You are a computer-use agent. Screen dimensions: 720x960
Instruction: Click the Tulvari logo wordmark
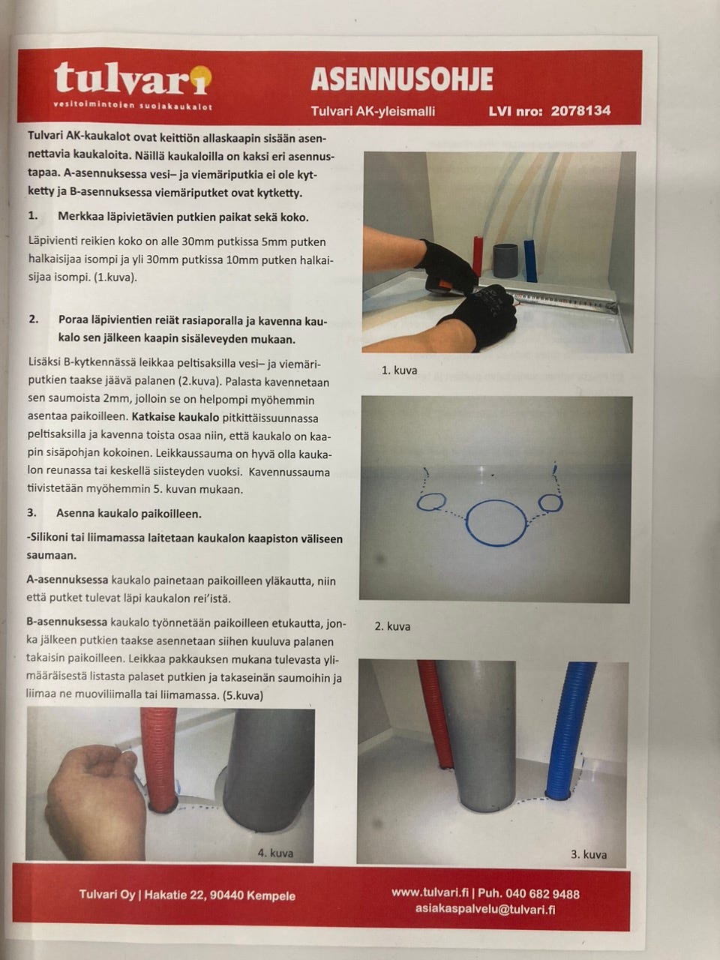[x=133, y=78]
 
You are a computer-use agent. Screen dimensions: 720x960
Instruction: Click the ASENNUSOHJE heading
[x=402, y=79]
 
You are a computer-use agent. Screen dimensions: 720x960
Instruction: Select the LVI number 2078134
[x=580, y=111]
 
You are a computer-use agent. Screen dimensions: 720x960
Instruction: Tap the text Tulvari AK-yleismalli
[x=373, y=112]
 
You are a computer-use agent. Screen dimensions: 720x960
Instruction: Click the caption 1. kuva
[x=399, y=370]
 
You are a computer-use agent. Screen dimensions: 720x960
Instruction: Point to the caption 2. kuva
[x=392, y=626]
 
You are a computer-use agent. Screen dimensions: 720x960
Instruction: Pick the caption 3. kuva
[x=589, y=854]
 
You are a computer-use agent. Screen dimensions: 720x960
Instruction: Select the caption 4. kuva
[x=275, y=853]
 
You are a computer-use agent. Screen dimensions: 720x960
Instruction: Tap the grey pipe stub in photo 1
[x=505, y=260]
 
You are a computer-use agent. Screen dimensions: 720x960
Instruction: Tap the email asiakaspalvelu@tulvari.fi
[x=485, y=909]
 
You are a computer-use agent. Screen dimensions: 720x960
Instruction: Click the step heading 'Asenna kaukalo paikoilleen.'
[x=129, y=514]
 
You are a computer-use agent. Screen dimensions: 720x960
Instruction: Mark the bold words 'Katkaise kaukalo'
[x=175, y=417]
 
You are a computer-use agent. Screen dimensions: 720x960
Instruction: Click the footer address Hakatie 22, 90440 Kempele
[x=220, y=895]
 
